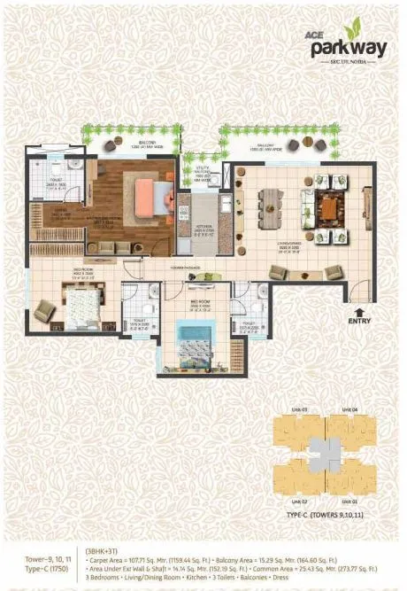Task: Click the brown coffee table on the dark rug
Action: click(328, 207)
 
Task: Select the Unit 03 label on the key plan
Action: click(298, 410)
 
